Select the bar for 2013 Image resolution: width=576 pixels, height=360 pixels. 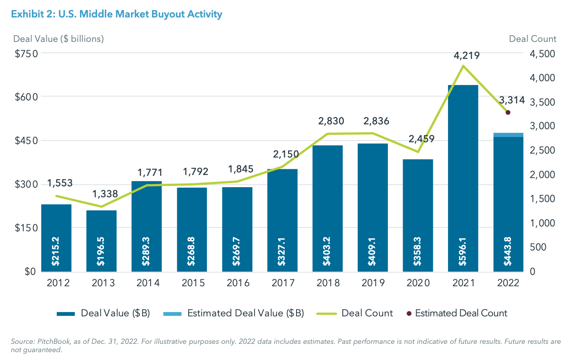(x=101, y=240)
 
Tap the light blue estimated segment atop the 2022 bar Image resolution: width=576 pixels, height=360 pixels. (x=508, y=135)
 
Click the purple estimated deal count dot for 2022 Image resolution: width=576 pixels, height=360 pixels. (x=508, y=113)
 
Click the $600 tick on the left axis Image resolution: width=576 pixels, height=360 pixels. (x=26, y=97)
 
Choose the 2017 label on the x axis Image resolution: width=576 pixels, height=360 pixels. (x=282, y=283)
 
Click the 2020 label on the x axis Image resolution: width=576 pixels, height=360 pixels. (x=417, y=283)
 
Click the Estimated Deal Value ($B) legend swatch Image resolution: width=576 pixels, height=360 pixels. (x=172, y=313)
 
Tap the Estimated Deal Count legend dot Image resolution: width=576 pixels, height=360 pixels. (x=409, y=313)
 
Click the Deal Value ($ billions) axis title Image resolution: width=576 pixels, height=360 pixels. (x=59, y=39)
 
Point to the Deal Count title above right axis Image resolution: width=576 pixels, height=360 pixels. (x=533, y=39)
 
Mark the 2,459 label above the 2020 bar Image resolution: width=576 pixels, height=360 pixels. (x=422, y=139)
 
